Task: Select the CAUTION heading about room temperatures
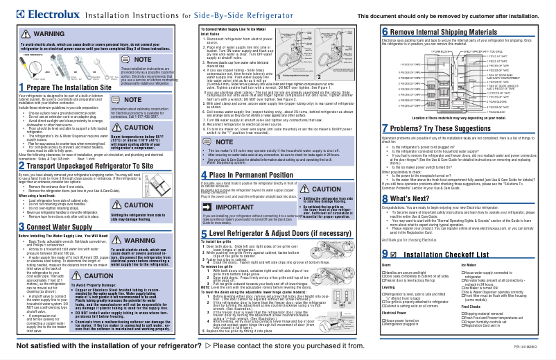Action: (x=157, y=128)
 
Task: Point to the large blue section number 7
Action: (x=385, y=129)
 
